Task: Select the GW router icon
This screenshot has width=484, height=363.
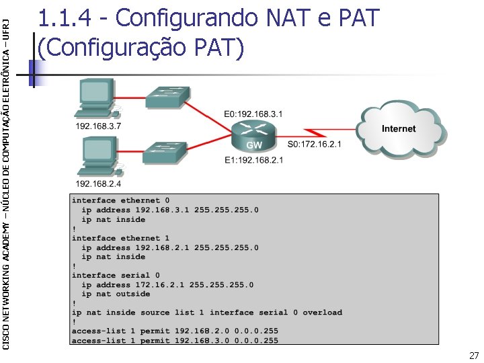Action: pyautogui.click(x=253, y=138)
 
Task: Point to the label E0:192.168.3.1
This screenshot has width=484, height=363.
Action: pyautogui.click(x=253, y=114)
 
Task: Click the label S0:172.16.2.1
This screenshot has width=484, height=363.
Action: pyautogui.click(x=315, y=144)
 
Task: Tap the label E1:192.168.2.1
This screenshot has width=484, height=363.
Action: pyautogui.click(x=253, y=160)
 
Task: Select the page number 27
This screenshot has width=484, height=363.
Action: pyautogui.click(x=474, y=356)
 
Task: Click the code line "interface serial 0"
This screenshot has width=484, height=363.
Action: pyautogui.click(x=116, y=275)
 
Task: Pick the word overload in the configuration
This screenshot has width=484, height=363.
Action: pyautogui.click(x=322, y=313)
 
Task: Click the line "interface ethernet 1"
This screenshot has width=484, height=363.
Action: pyautogui.click(x=120, y=238)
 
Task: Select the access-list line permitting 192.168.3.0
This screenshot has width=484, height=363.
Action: pyautogui.click(x=175, y=341)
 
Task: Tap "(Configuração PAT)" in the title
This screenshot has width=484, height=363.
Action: pyautogui.click(x=141, y=47)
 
